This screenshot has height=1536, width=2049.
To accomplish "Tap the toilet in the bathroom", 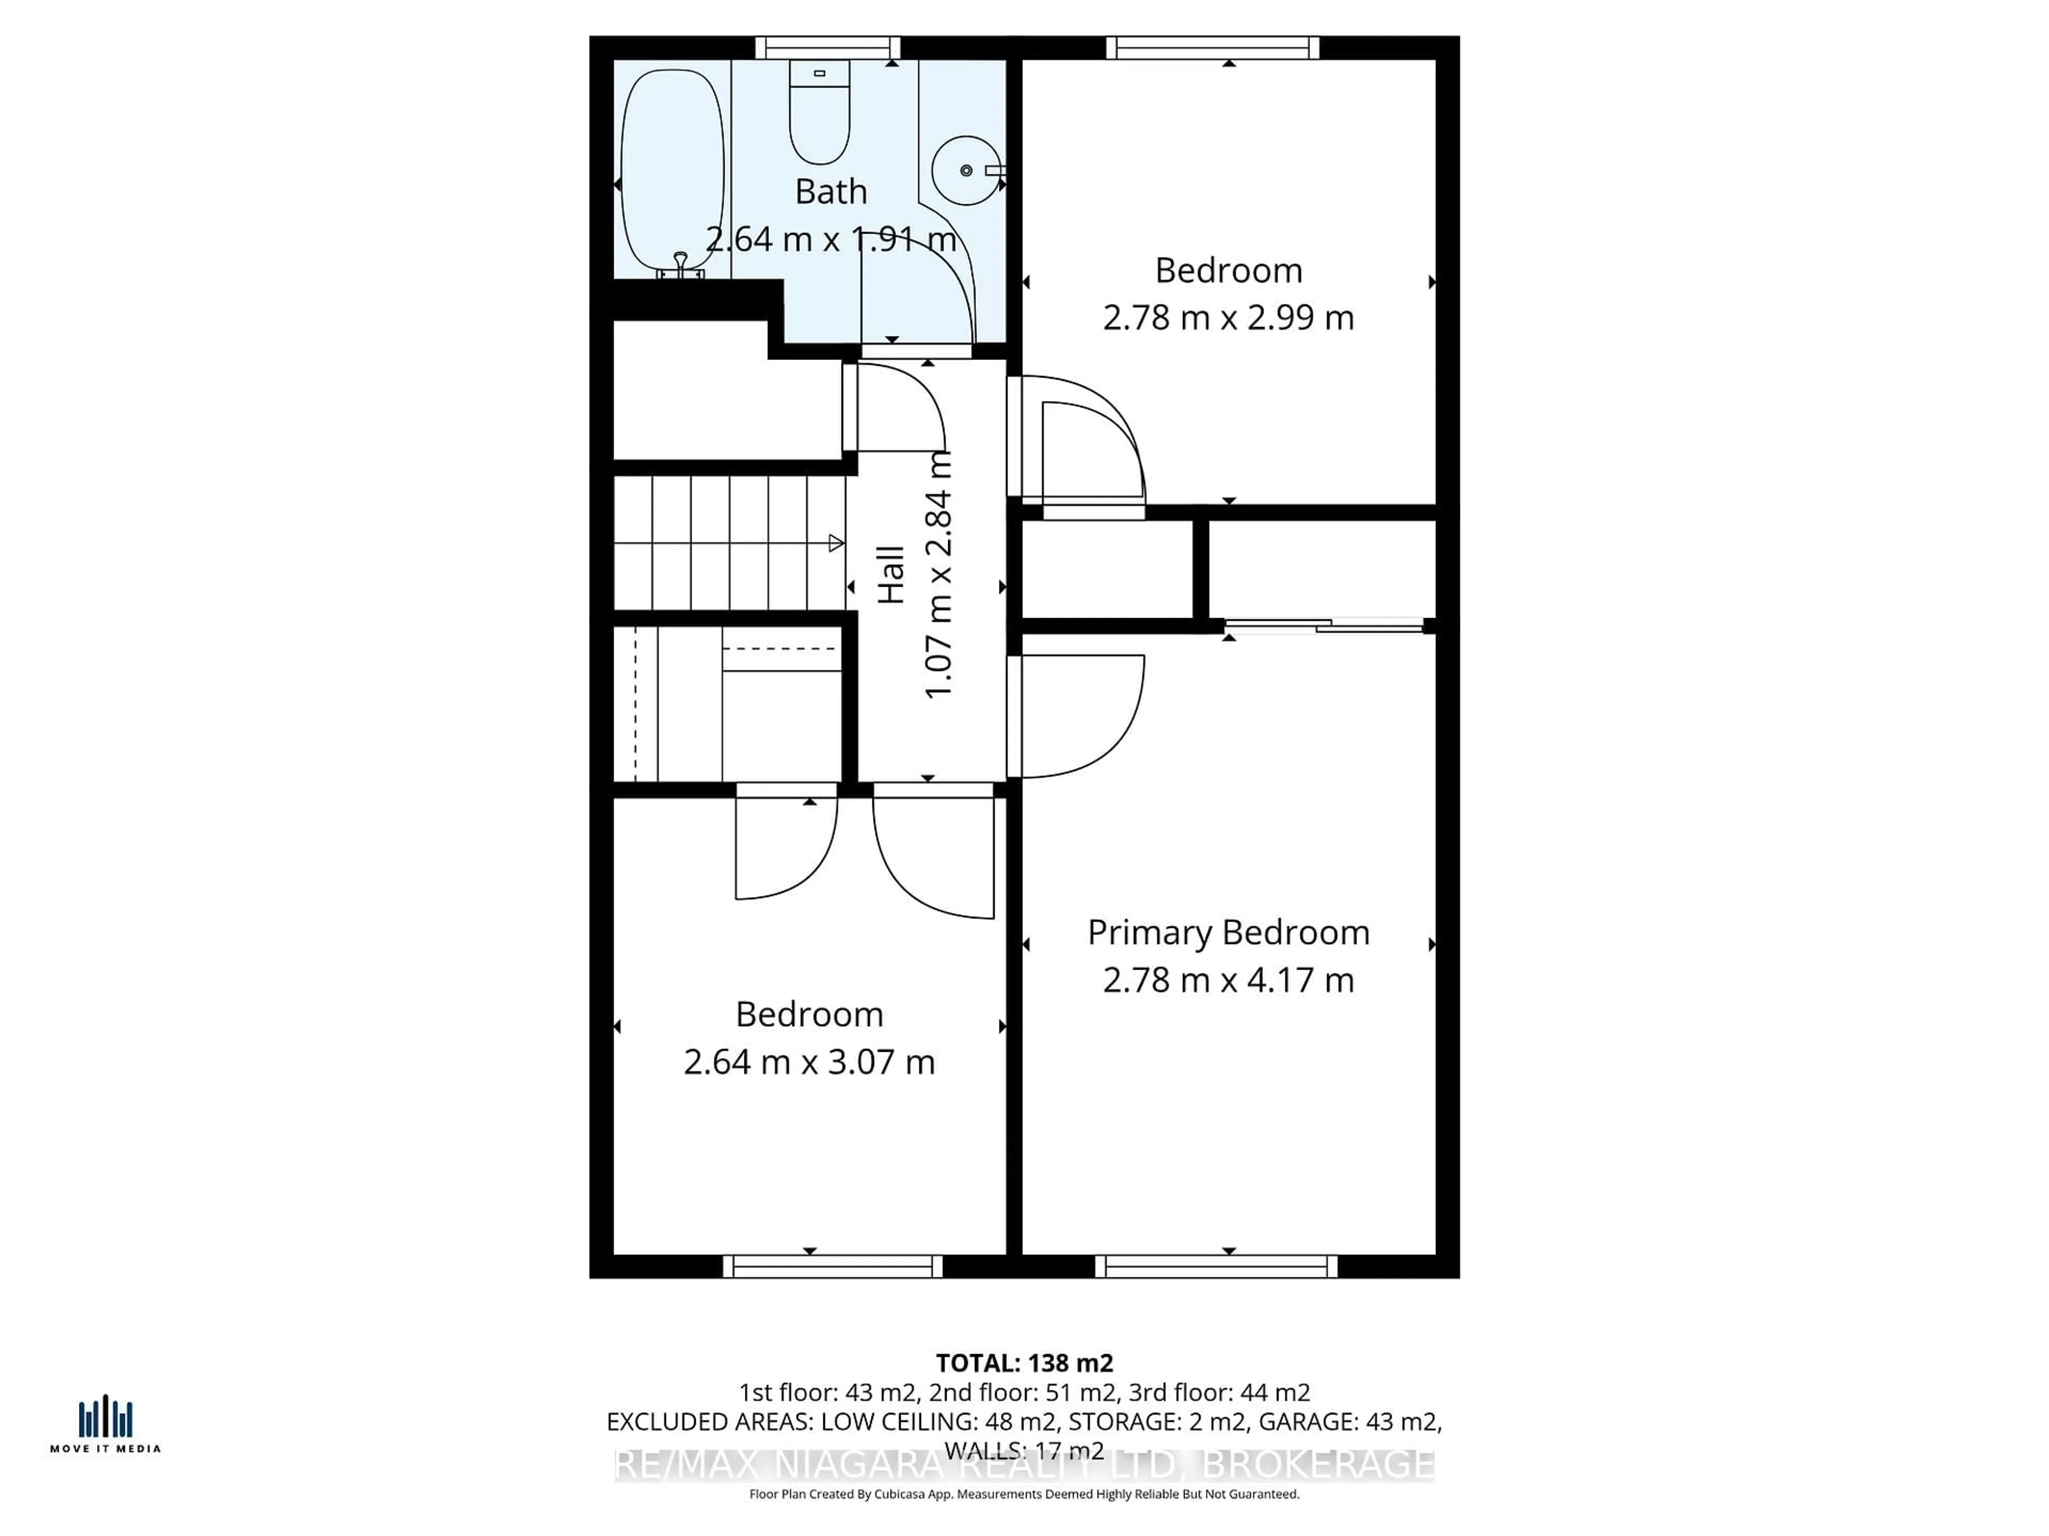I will pos(819,113).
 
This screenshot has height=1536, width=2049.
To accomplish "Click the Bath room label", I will pos(831,191).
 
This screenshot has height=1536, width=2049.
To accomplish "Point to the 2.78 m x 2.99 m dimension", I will pos(1228,317).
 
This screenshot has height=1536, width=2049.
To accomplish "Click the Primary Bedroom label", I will pos(1228,932).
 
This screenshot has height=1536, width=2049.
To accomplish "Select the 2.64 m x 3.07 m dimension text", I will pos(809,1062).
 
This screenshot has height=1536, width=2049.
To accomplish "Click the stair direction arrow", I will pos(836,543).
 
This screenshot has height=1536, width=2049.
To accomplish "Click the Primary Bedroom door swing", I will pos(1084,717).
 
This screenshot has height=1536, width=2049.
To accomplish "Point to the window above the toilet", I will pos(827,47).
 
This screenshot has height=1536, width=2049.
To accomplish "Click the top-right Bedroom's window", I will pos(1212,47).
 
